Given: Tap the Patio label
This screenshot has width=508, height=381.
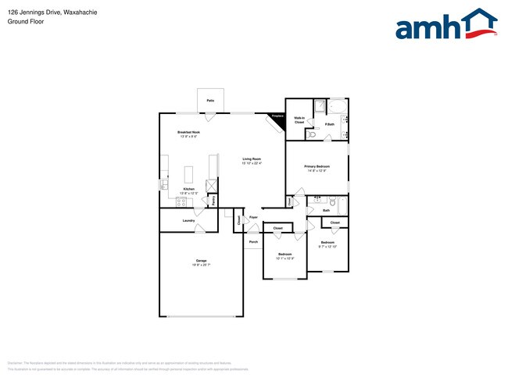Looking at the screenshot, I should coord(210,101).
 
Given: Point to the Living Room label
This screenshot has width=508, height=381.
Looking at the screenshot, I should coord(251,160).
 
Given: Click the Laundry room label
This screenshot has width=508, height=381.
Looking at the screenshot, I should coord(188,220).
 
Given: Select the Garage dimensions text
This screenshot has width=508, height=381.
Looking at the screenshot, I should coord(202,265).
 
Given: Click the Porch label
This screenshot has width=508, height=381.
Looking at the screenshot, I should coord(252,242).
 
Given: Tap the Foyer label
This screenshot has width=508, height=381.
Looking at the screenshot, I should coord(253,218).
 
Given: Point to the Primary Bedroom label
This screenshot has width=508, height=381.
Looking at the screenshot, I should coord(317,166).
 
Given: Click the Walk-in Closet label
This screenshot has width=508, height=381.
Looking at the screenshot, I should coord(299,120).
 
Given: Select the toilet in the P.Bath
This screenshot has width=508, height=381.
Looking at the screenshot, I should coord(312,134).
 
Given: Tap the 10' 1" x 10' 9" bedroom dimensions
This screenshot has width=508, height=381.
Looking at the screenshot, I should coord(285,258).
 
